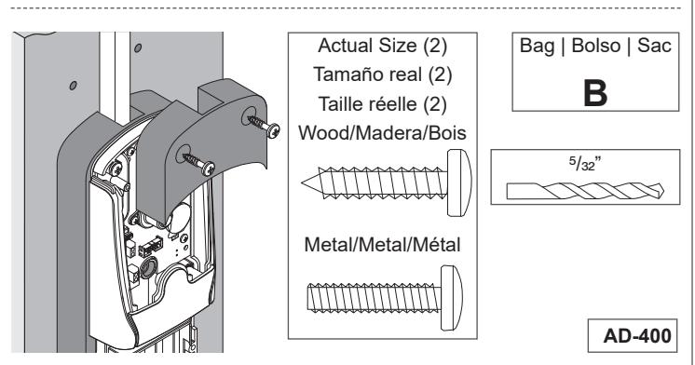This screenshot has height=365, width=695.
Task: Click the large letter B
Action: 595,93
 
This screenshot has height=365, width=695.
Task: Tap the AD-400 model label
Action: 637,336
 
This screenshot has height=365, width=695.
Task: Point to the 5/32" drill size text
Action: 585,164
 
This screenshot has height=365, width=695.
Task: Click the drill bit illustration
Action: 585,191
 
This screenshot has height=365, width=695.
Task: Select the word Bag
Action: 537,47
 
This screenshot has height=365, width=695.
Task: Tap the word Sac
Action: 654,46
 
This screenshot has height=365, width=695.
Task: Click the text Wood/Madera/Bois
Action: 382,133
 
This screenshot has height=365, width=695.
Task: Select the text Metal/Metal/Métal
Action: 382,245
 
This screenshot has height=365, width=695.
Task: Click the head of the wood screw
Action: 459,182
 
